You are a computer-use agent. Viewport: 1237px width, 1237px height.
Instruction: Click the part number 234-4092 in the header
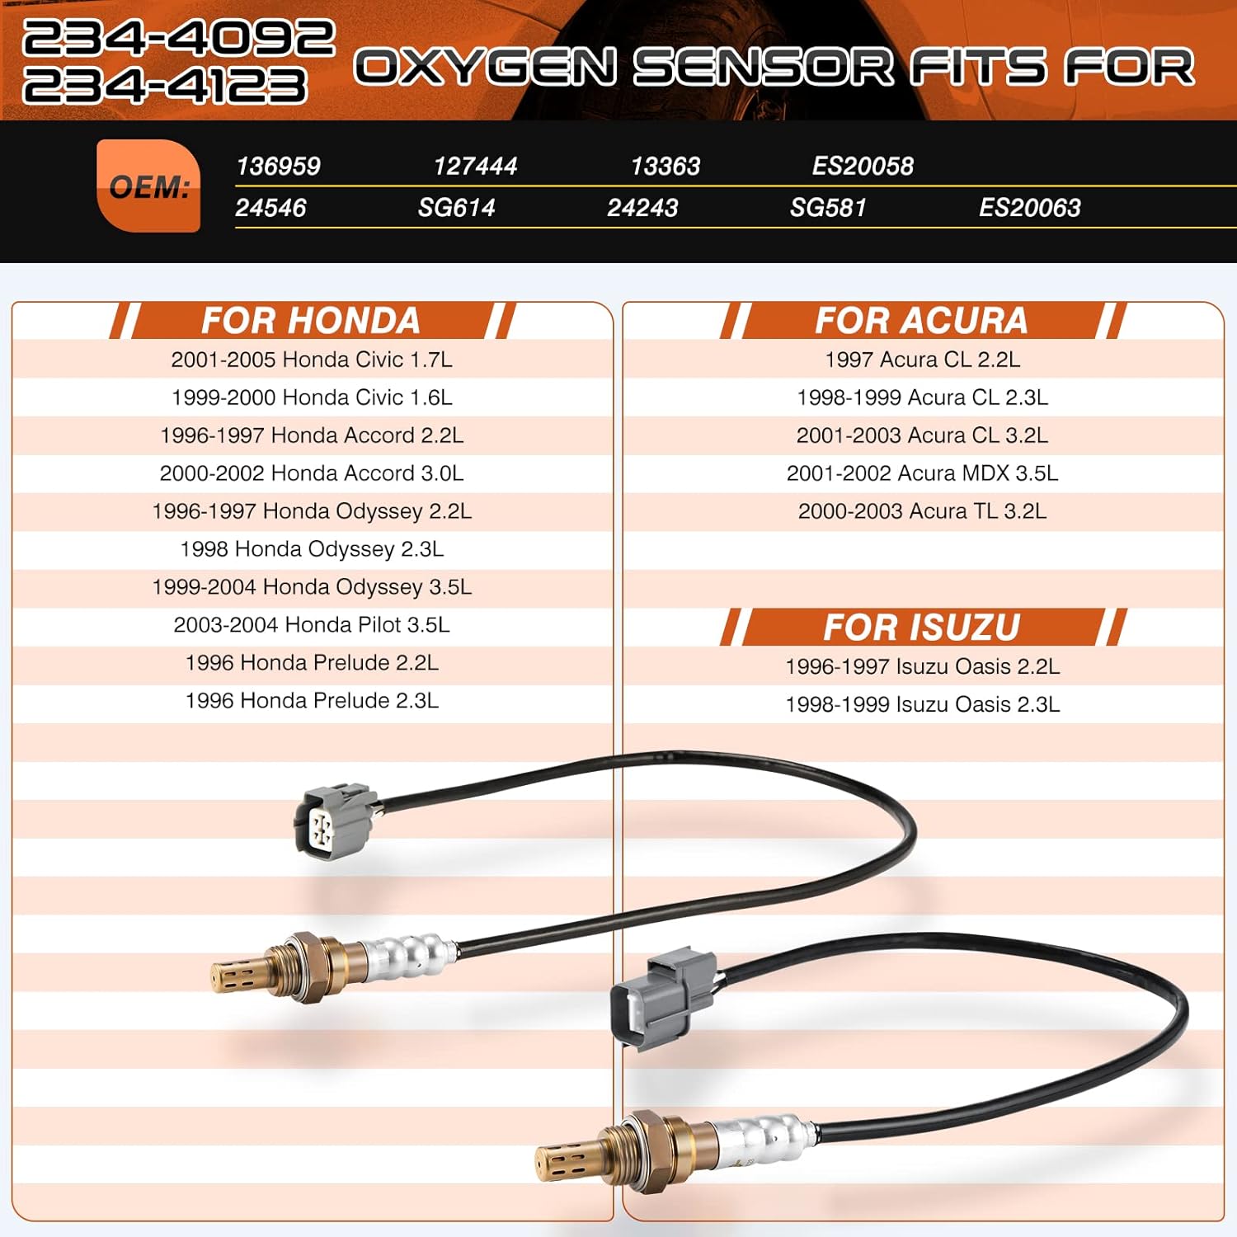click(178, 37)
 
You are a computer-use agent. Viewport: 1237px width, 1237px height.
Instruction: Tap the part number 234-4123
click(165, 86)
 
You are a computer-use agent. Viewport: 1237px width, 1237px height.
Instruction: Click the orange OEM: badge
click(148, 186)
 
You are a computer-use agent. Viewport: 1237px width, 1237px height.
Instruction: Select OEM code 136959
click(278, 167)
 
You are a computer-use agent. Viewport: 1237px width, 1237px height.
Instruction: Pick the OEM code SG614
click(456, 208)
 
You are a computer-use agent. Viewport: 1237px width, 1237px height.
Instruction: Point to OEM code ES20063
click(1029, 208)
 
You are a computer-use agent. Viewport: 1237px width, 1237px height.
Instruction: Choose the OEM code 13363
click(665, 167)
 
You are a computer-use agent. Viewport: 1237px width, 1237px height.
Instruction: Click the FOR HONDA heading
click(311, 321)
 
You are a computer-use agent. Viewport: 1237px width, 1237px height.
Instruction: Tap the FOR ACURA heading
click(921, 321)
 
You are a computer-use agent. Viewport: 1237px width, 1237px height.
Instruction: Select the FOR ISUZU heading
click(921, 628)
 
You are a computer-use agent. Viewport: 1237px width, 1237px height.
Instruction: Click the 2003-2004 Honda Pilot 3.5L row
click(312, 625)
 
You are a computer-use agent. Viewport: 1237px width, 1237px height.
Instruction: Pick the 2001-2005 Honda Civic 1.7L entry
click(312, 360)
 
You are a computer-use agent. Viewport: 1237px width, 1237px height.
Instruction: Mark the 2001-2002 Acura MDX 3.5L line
click(922, 473)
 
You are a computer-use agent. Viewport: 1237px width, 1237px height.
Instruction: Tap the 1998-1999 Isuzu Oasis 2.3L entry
click(922, 704)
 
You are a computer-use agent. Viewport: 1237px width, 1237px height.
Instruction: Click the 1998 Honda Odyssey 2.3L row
click(312, 549)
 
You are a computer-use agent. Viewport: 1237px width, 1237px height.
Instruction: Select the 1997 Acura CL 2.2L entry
click(922, 360)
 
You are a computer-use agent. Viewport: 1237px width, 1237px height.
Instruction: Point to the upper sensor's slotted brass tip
click(238, 976)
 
